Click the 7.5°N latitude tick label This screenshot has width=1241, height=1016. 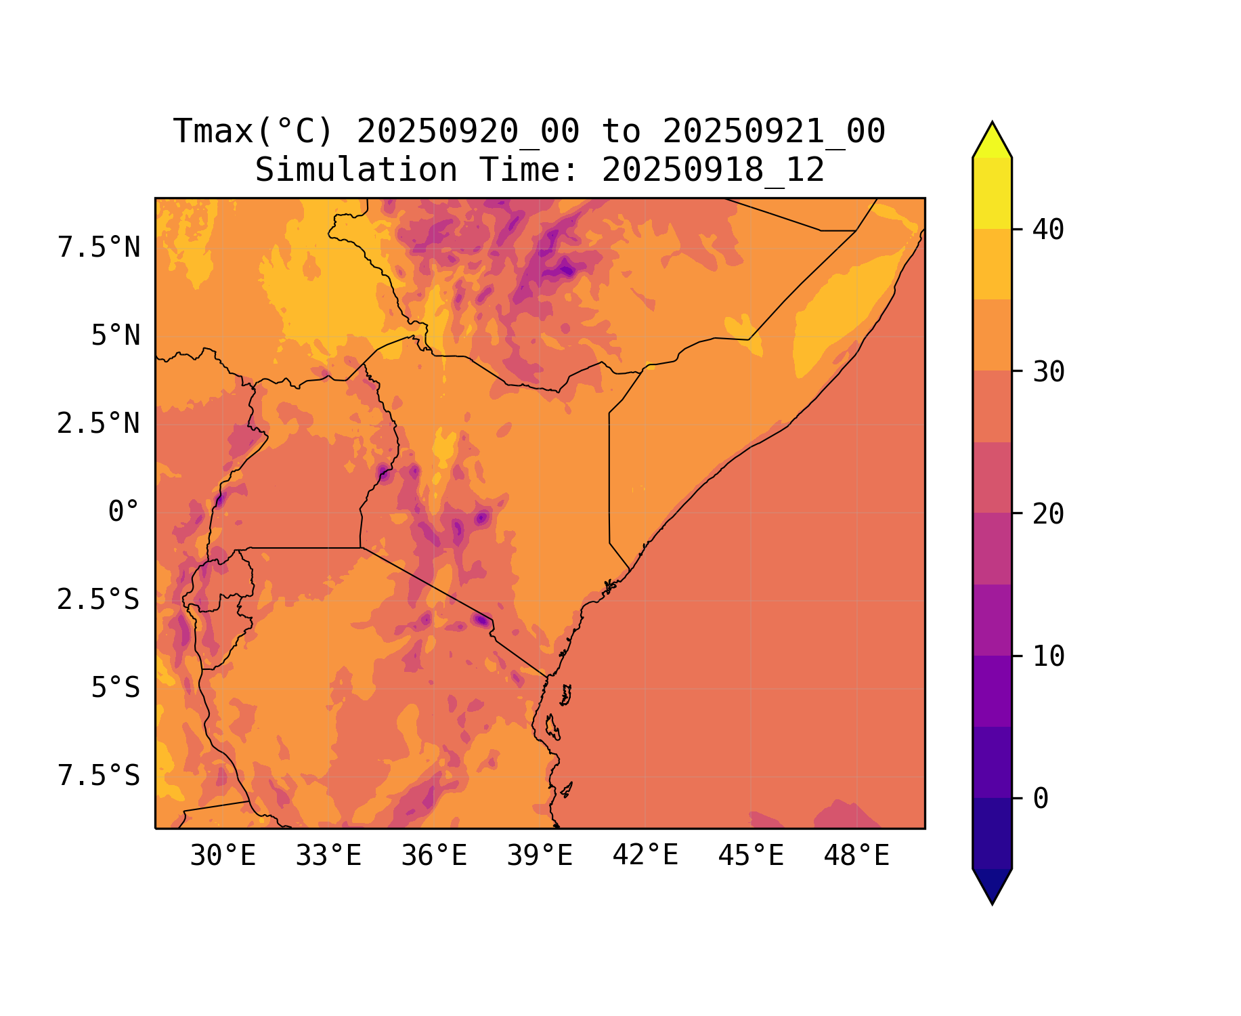[99, 248]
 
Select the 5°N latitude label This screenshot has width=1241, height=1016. [115, 336]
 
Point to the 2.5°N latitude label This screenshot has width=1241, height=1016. [99, 424]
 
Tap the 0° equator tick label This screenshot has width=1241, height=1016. [123, 512]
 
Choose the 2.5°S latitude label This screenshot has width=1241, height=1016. [99, 600]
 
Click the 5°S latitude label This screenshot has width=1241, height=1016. [115, 688]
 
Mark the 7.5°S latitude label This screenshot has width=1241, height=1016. [99, 776]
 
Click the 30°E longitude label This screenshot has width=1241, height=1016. [223, 856]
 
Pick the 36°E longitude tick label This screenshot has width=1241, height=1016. [434, 856]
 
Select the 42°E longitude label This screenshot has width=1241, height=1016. [645, 856]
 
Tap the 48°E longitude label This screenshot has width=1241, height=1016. [856, 856]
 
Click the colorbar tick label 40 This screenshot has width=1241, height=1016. [1048, 230]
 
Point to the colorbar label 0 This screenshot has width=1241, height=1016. [1041, 799]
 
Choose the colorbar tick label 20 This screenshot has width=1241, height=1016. [1048, 515]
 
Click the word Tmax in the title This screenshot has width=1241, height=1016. [213, 131]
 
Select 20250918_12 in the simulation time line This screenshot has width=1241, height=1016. [713, 170]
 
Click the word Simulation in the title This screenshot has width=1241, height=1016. [356, 170]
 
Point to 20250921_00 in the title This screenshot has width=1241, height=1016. [774, 131]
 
